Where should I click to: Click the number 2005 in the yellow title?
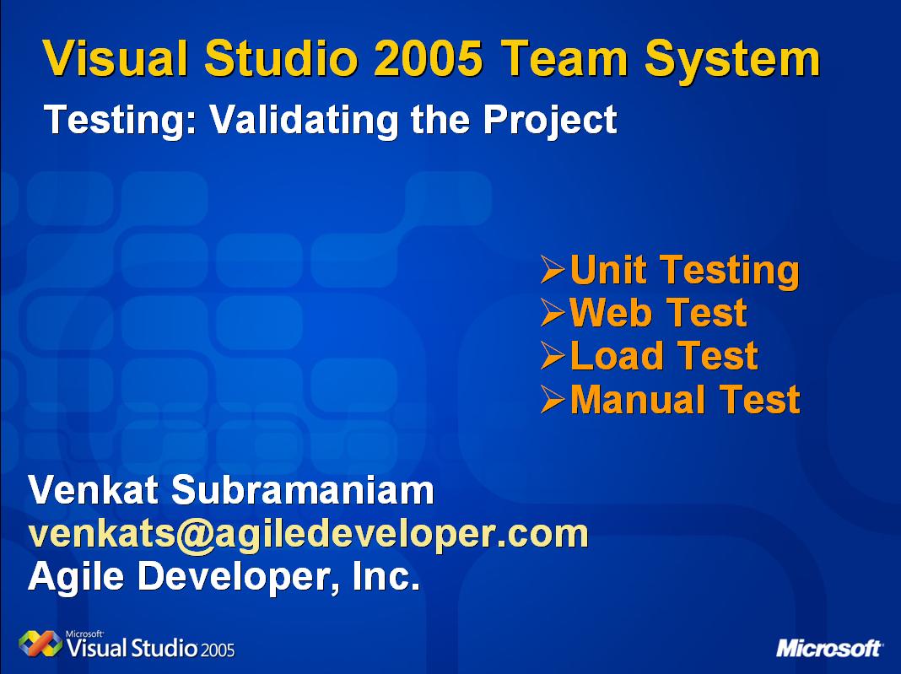click(x=428, y=58)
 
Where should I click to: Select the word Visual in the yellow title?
click(x=115, y=58)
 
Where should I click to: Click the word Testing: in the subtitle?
click(x=121, y=121)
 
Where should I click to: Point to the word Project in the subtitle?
click(x=550, y=121)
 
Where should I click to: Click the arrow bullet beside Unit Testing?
click(x=553, y=270)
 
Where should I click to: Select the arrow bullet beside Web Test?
click(x=553, y=313)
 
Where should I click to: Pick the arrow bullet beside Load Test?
click(x=553, y=356)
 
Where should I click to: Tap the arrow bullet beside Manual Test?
click(x=553, y=400)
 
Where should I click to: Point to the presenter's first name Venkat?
click(x=94, y=490)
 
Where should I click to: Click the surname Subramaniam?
click(x=303, y=490)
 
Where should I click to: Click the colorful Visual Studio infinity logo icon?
click(x=40, y=644)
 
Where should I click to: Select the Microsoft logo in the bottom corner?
click(x=829, y=648)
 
